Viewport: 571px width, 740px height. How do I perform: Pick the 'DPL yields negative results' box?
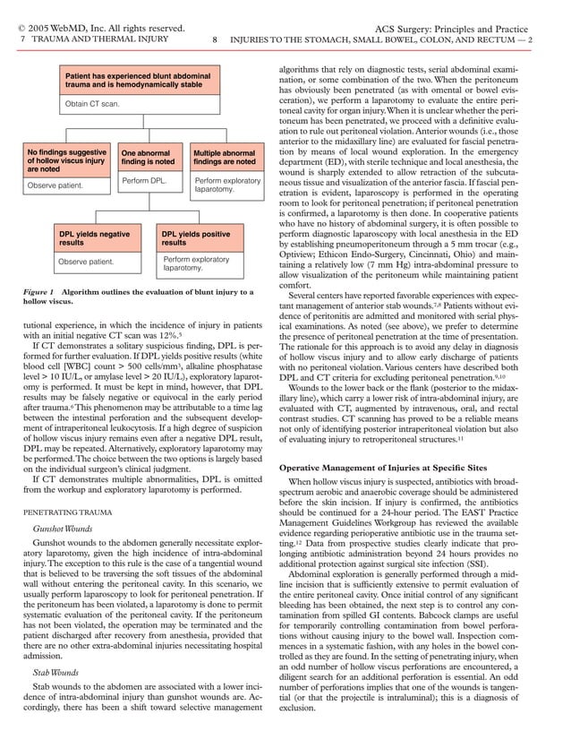pyautogui.click(x=95, y=237)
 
